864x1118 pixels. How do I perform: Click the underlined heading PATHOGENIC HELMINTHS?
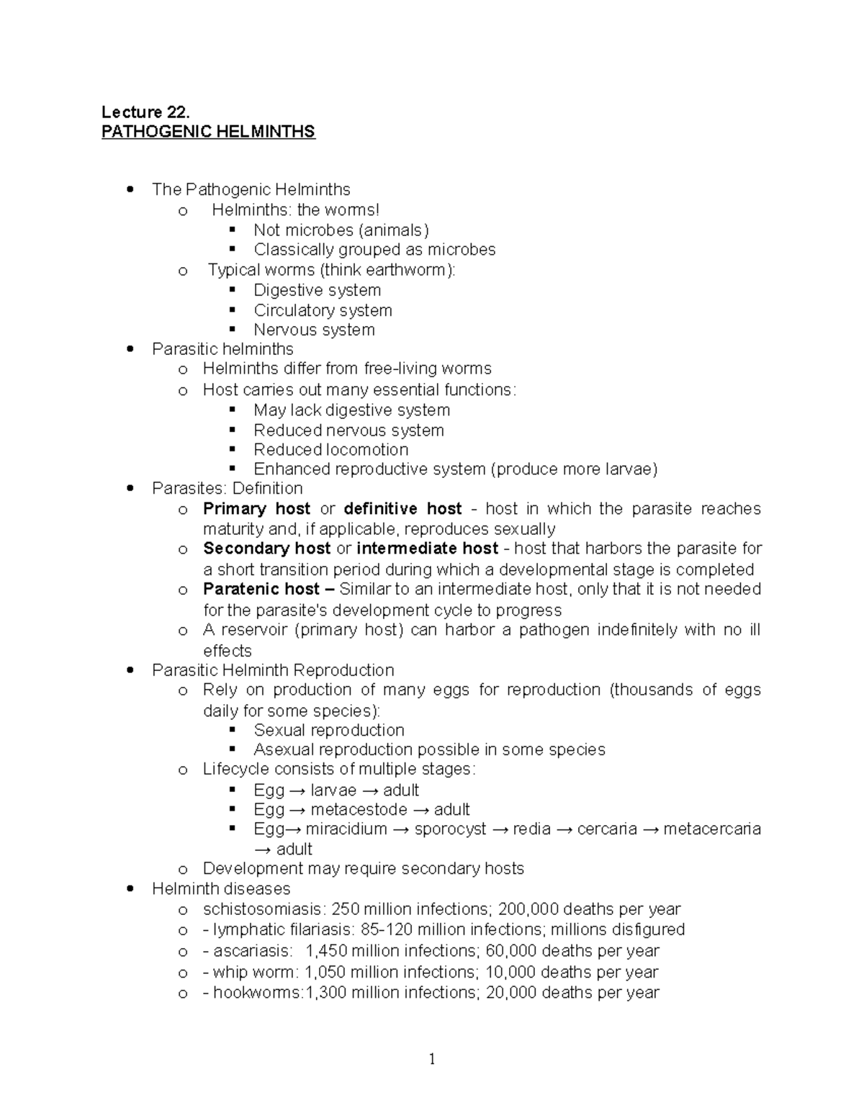pos(208,132)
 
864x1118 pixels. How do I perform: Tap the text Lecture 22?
pos(145,112)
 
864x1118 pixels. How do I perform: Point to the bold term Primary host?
pos(256,509)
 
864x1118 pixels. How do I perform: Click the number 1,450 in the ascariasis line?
pos(326,951)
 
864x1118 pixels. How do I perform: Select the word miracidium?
pos(346,829)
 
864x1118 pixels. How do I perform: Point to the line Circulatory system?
pos(323,310)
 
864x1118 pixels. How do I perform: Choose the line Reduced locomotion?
pos(330,450)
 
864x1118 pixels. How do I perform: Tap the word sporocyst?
pos(451,829)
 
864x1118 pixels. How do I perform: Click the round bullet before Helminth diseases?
pos(130,889)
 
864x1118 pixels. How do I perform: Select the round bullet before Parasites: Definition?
pos(130,489)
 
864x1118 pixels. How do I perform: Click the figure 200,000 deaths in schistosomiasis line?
pos(528,909)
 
